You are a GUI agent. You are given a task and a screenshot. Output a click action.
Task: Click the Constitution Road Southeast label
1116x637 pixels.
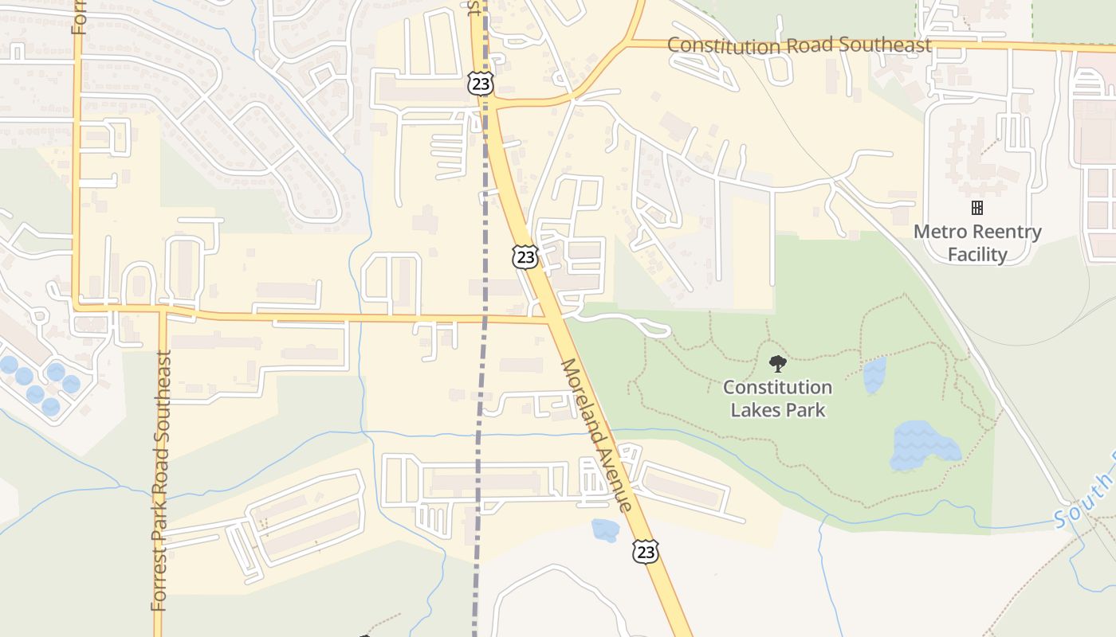(799, 45)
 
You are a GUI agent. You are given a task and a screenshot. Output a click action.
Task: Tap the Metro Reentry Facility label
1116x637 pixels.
(977, 243)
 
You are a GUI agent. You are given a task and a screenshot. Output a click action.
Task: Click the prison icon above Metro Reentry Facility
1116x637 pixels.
(976, 208)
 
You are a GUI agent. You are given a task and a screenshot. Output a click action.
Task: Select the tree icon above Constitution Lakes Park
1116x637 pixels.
(777, 365)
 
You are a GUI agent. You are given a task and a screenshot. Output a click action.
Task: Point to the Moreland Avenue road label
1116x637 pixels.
(596, 436)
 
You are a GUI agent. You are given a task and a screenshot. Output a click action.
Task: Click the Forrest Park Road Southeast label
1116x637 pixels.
(161, 480)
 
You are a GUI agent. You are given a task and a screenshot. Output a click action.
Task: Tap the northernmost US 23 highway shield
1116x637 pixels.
(481, 84)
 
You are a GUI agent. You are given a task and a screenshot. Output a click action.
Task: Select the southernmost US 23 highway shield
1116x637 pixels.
(646, 551)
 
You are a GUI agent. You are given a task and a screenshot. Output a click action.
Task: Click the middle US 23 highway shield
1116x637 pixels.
(525, 256)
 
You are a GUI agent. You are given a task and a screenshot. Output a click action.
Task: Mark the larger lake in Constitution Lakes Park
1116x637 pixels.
(923, 446)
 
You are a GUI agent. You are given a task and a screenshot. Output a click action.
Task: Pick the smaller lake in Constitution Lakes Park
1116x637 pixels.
(874, 375)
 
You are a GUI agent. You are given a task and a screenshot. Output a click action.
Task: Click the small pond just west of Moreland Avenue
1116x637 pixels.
(604, 530)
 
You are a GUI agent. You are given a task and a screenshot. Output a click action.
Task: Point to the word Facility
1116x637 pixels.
(977, 255)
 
